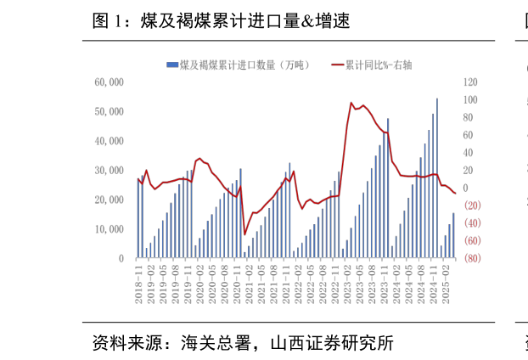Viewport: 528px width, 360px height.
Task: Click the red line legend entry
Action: click(374, 65)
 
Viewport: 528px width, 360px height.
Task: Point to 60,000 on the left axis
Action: click(110, 82)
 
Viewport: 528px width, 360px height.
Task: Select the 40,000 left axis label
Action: click(110, 141)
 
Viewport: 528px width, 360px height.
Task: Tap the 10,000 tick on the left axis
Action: click(110, 229)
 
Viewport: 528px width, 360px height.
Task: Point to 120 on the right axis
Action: click(471, 82)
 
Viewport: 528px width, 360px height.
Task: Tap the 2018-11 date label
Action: click(138, 284)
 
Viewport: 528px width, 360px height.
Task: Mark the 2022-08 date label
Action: click(322, 284)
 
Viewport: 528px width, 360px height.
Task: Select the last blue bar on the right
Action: click(453, 236)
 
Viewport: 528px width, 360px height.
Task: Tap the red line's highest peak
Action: click(351, 103)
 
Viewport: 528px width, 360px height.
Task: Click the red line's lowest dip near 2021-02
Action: click(244, 234)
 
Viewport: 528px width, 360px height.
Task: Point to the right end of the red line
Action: click(455, 193)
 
